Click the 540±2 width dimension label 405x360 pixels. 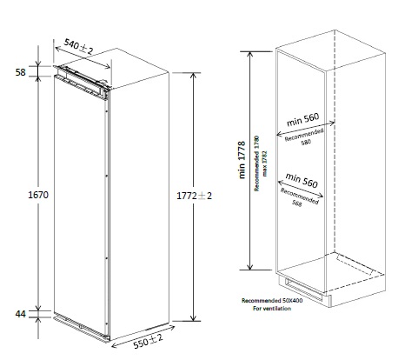(x=78, y=47)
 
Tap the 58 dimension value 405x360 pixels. (x=21, y=72)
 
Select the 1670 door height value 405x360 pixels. (x=38, y=195)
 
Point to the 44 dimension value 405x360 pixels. (x=21, y=314)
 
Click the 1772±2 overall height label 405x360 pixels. (x=194, y=196)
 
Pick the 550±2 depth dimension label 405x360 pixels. (x=148, y=341)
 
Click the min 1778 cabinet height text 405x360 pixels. (x=242, y=160)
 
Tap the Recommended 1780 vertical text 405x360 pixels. (x=256, y=163)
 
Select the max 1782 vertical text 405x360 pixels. (x=264, y=163)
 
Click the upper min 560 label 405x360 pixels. (x=302, y=119)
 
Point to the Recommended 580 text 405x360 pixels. (x=305, y=137)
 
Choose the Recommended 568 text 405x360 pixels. (x=299, y=197)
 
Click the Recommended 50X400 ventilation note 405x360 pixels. (x=272, y=301)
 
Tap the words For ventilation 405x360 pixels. (x=272, y=309)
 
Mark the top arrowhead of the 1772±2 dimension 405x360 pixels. (x=194, y=75)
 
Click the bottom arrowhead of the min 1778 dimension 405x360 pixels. (x=250, y=267)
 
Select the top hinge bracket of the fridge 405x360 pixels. (x=82, y=80)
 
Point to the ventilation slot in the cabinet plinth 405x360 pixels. (x=303, y=290)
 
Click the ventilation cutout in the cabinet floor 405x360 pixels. (x=355, y=264)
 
